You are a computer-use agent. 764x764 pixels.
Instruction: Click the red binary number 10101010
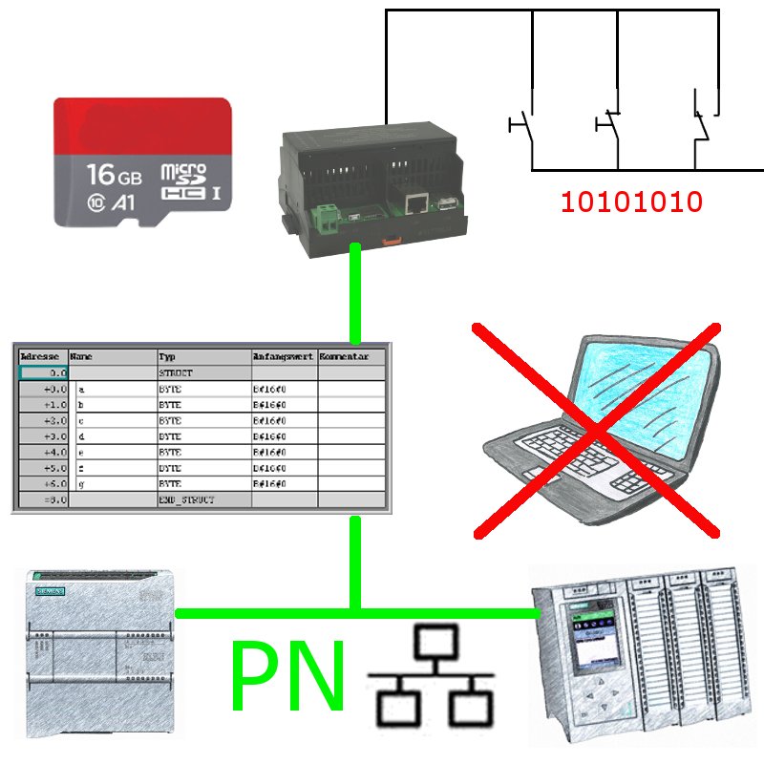[631, 202]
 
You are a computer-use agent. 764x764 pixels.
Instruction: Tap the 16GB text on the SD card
[114, 175]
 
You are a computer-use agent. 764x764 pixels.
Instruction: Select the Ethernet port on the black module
[415, 202]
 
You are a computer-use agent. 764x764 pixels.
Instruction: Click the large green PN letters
[287, 676]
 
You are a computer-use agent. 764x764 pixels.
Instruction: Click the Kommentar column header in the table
[351, 355]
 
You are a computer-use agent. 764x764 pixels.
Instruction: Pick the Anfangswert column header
[283, 355]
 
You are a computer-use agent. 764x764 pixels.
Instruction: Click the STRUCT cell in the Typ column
[202, 373]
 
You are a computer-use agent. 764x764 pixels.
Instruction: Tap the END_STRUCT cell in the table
[202, 499]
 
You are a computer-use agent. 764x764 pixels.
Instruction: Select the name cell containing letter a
[114, 390]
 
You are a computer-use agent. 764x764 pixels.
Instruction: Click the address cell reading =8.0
[43, 499]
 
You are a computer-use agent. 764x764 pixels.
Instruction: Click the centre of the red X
[596, 431]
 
